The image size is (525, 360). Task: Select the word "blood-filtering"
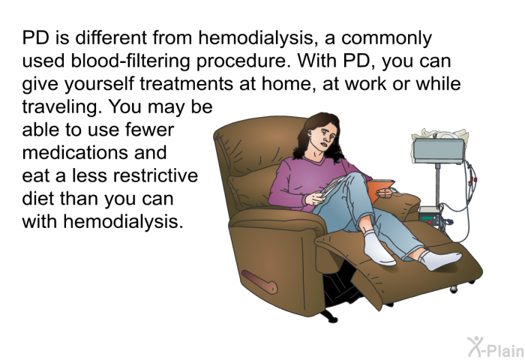(130, 61)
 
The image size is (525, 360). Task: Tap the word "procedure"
(244, 61)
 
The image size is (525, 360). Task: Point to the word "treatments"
(186, 84)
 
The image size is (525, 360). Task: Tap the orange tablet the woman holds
(380, 189)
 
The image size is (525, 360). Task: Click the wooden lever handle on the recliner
(259, 282)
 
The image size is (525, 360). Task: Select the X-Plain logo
(496, 347)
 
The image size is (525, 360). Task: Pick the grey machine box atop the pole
(439, 151)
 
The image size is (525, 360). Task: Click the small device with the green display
(430, 217)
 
